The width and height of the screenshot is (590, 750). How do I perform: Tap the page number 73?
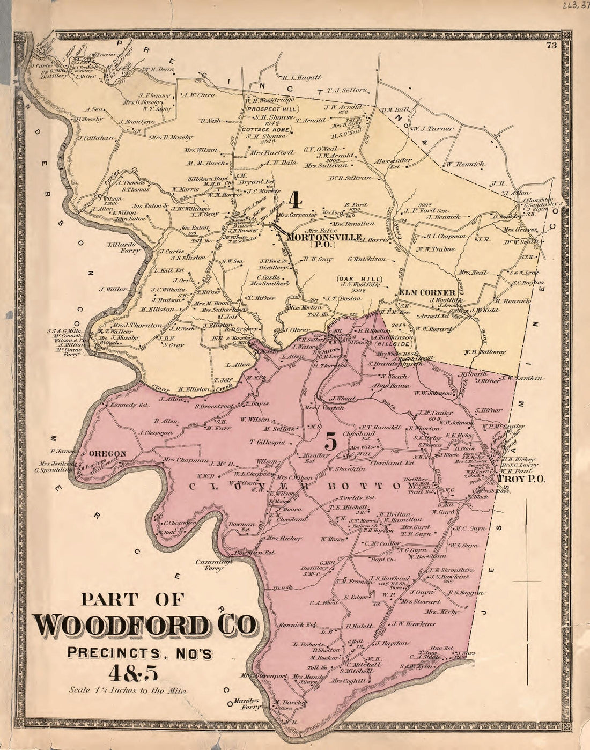click(x=550, y=46)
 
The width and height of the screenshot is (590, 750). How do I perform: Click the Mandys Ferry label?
click(x=248, y=703)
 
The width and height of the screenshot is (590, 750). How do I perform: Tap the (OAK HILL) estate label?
click(x=359, y=279)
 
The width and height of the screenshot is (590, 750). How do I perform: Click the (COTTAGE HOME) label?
click(x=267, y=129)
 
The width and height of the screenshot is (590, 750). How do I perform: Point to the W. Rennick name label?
click(x=463, y=164)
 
